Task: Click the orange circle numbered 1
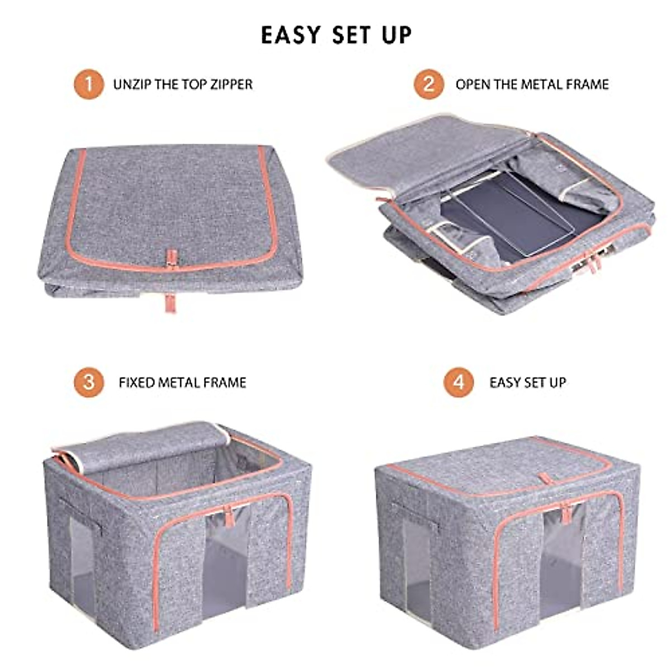point(88,84)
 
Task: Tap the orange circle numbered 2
point(429,84)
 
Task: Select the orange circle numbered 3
point(88,382)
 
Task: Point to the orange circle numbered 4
point(459,382)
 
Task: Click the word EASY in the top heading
point(291,35)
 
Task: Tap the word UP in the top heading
point(396,35)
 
